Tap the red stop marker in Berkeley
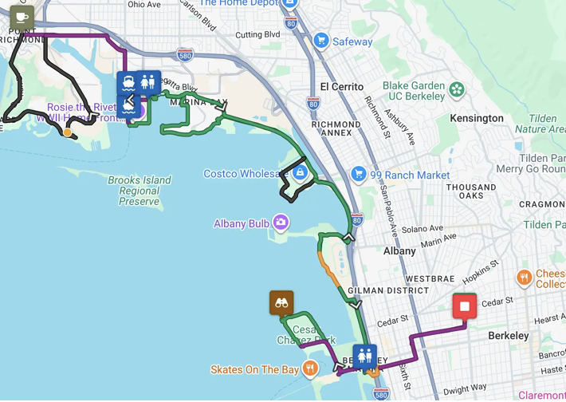(465, 306)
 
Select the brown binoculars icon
(281, 302)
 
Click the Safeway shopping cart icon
(321, 41)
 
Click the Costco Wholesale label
(246, 173)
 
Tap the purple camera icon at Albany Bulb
(281, 223)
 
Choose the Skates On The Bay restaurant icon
(310, 368)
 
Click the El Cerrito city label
(341, 86)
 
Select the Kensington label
(477, 118)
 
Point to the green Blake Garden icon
(457, 89)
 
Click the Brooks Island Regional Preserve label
(140, 191)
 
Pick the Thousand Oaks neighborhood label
(471, 191)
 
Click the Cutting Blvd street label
(257, 34)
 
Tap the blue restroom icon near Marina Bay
(147, 82)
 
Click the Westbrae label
(430, 279)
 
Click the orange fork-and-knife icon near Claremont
(524, 278)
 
